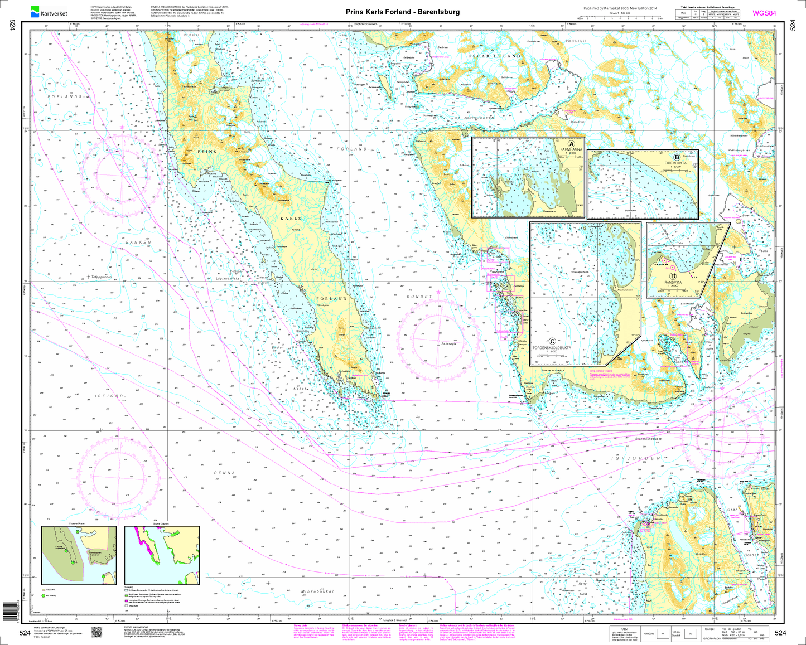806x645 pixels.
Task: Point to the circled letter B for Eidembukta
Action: click(x=677, y=158)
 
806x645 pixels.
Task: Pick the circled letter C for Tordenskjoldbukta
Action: click(x=552, y=341)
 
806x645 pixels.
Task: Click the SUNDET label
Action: click(x=419, y=297)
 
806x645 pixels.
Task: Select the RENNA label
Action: click(x=225, y=473)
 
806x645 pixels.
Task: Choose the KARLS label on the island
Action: click(x=290, y=219)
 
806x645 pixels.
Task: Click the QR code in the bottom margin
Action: click(x=96, y=632)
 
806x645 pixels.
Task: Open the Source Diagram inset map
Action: click(x=162, y=556)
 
